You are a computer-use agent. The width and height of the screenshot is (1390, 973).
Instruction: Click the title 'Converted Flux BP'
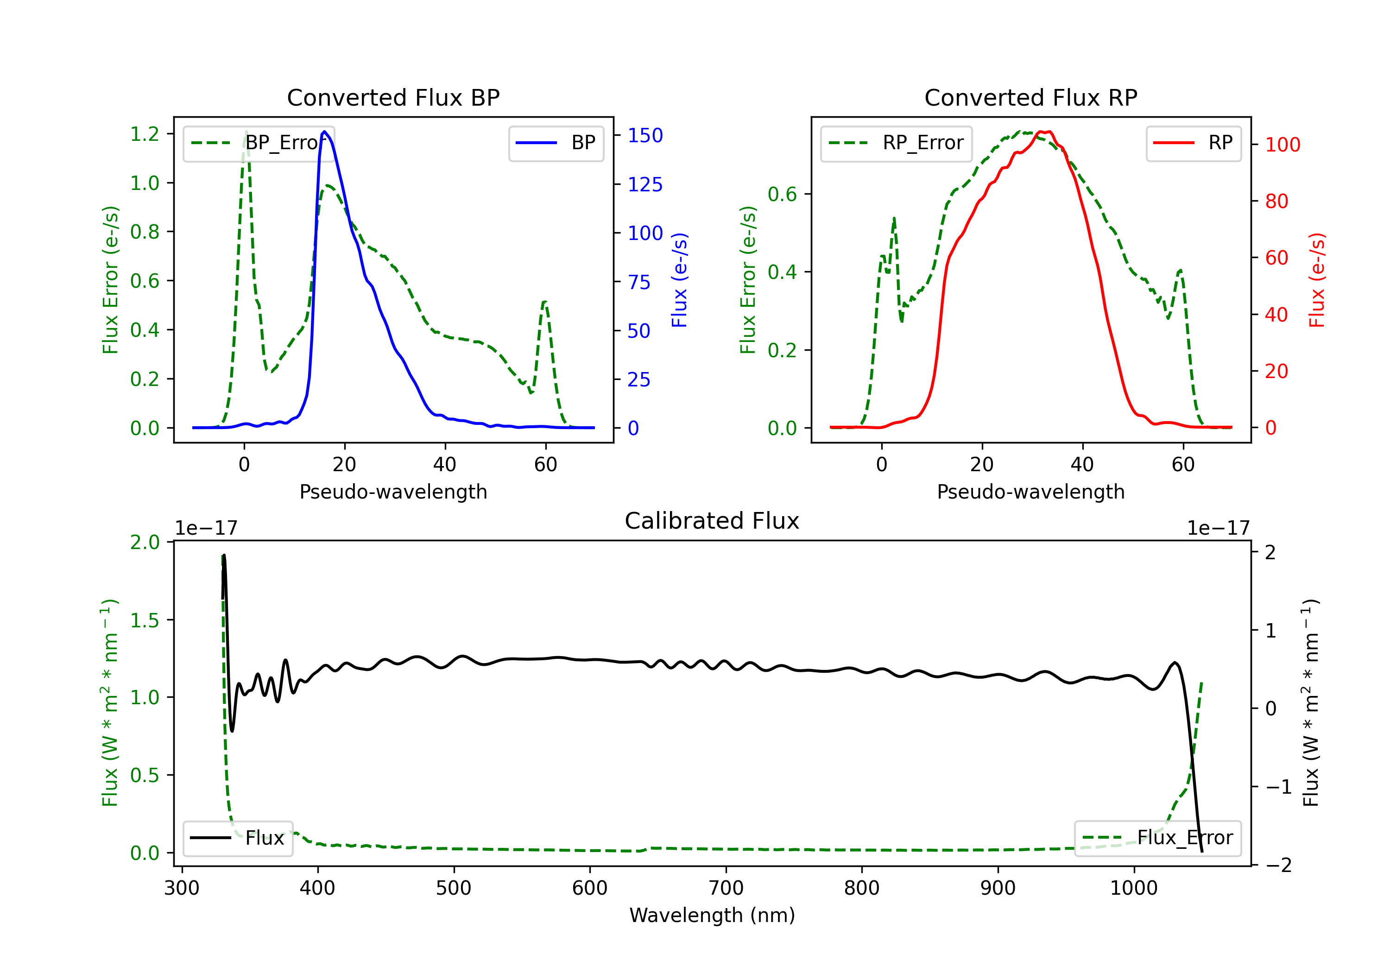[x=393, y=97]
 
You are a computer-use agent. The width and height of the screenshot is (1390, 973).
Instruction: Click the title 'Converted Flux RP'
[x=1030, y=97]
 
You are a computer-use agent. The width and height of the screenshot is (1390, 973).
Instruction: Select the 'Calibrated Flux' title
[x=712, y=521]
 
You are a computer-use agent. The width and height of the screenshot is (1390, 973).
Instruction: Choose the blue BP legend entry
[x=556, y=143]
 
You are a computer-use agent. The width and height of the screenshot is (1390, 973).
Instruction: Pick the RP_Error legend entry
[x=896, y=143]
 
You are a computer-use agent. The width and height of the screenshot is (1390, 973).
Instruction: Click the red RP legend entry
[x=1193, y=143]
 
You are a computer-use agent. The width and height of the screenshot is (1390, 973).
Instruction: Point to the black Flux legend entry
[x=237, y=838]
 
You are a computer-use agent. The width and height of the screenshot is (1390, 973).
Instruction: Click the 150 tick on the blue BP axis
[x=645, y=136]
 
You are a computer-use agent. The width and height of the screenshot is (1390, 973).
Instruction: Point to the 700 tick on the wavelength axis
[x=726, y=888]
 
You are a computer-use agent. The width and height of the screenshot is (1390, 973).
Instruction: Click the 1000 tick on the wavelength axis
[x=1134, y=888]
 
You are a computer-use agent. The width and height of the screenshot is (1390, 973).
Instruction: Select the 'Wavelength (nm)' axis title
[x=712, y=916]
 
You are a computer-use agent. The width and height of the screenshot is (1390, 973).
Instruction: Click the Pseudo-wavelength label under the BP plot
[x=393, y=492]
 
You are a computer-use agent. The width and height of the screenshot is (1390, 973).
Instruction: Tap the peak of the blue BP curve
[x=324, y=132]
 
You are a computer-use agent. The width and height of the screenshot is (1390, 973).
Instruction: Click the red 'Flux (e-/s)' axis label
[x=1317, y=280]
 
